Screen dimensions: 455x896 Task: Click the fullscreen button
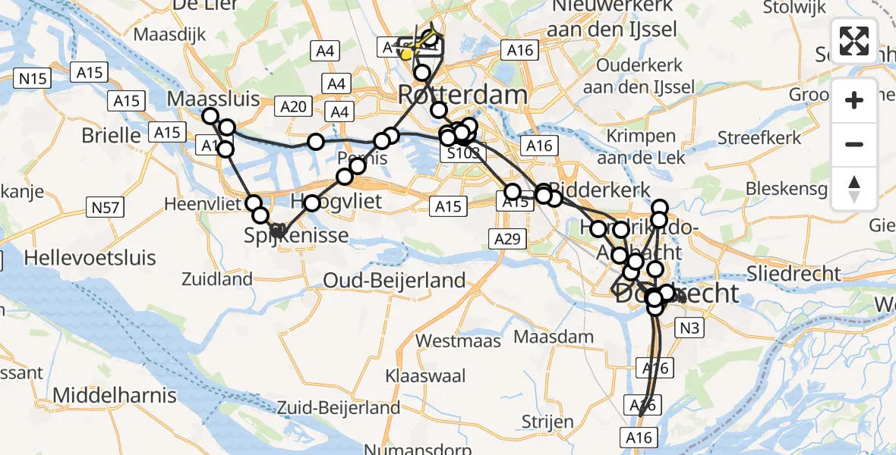point(854,41)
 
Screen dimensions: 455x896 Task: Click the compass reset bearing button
point(854,189)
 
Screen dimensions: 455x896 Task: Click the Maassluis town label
point(213,99)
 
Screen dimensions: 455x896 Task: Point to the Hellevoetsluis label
point(90,257)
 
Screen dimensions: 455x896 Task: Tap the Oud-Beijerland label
point(394,280)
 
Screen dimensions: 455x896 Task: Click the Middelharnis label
point(114,395)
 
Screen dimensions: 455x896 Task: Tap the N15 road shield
point(33,77)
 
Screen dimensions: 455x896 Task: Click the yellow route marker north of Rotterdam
point(407,55)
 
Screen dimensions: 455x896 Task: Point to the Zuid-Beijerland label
point(339,407)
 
